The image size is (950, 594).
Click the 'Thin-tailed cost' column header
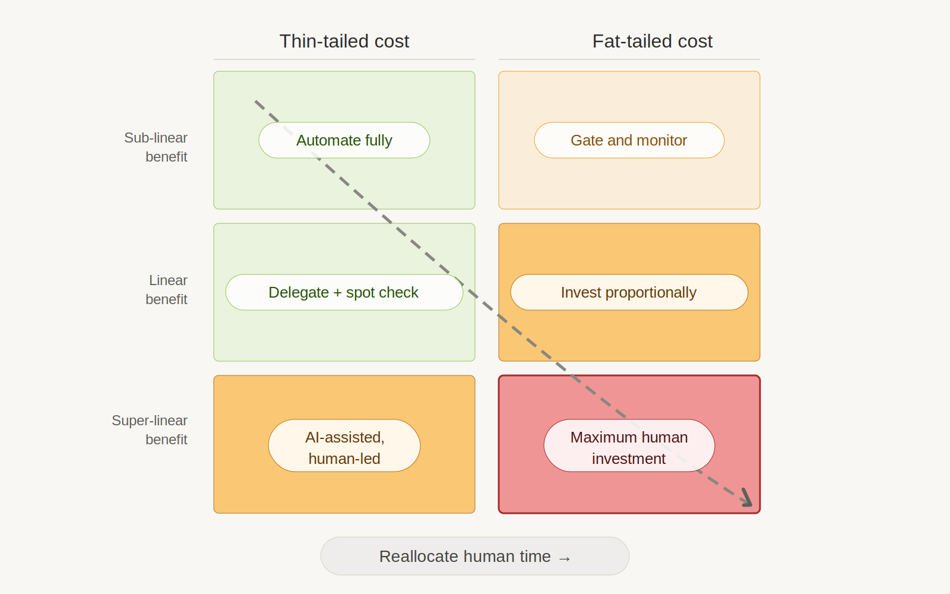pos(344,41)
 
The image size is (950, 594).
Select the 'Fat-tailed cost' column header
pos(652,41)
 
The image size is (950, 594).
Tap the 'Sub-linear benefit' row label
pos(156,147)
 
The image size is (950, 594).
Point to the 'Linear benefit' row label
pos(167,290)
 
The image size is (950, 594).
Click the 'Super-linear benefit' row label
pos(150,430)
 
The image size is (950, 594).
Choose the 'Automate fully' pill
pos(344,140)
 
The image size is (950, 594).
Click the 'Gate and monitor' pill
pos(629,140)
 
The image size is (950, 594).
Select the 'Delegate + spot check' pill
pos(344,292)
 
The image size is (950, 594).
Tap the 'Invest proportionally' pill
pos(629,292)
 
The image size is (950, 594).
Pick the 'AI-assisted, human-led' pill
pos(344,445)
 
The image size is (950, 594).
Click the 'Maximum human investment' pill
pos(629,445)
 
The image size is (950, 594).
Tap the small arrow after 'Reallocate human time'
pos(565,558)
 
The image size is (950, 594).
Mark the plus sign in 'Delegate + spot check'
pos(337,293)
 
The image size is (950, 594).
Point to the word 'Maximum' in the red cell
pos(603,437)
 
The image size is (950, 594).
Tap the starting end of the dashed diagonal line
pos(256,102)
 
